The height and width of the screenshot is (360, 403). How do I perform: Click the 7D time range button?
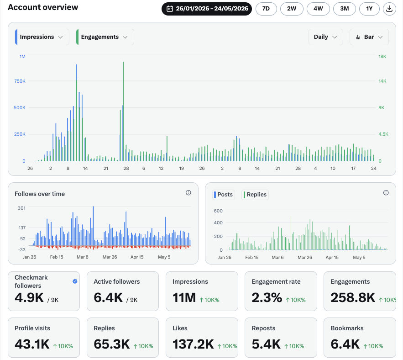pyautogui.click(x=266, y=9)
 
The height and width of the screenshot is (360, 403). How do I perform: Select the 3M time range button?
pyautogui.click(x=345, y=9)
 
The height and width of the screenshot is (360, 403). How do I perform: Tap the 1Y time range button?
pyautogui.click(x=369, y=9)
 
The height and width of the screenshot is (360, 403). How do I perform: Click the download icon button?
pyautogui.click(x=389, y=9)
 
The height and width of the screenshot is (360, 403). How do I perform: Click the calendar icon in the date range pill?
pyautogui.click(x=170, y=9)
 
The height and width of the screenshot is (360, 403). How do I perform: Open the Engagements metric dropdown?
pyautogui.click(x=105, y=37)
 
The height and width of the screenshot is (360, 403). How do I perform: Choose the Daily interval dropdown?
pyautogui.click(x=325, y=37)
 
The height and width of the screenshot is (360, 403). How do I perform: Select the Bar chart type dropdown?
pyautogui.click(x=369, y=37)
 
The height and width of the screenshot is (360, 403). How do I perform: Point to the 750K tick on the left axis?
pyautogui.click(x=20, y=81)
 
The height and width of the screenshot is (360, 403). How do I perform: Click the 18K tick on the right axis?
pyautogui.click(x=382, y=56)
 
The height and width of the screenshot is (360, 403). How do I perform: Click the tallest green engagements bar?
pyautogui.click(x=123, y=111)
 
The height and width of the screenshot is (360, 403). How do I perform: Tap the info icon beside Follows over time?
pyautogui.click(x=188, y=193)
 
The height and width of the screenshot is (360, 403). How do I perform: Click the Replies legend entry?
pyautogui.click(x=255, y=195)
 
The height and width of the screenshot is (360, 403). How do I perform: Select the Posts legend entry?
pyautogui.click(x=223, y=195)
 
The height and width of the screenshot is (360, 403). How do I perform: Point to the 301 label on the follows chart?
pyautogui.click(x=21, y=208)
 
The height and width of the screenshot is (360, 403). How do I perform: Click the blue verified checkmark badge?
pyautogui.click(x=75, y=281)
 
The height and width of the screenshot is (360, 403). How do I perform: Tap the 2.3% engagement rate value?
pyautogui.click(x=267, y=297)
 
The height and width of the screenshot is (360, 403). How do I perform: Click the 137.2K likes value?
pyautogui.click(x=193, y=344)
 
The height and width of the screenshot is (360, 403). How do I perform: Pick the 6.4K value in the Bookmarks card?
pyautogui.click(x=345, y=344)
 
